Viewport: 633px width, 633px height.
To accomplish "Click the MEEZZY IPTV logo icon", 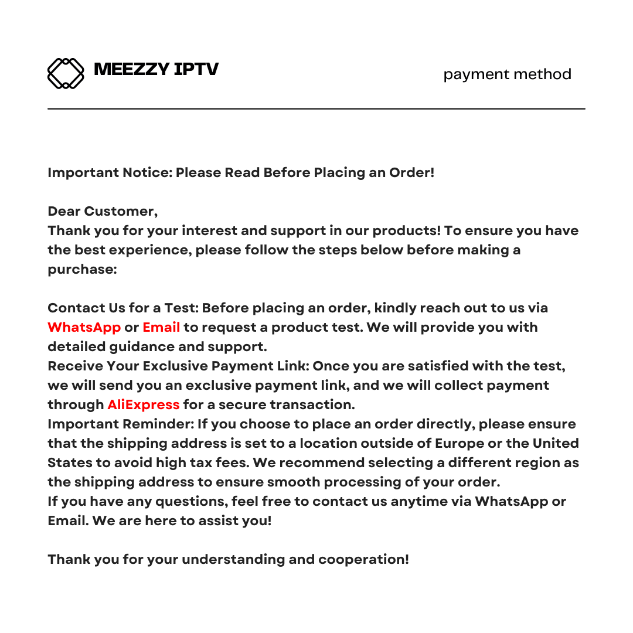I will (x=66, y=73).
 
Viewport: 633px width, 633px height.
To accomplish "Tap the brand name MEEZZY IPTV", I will (x=156, y=70).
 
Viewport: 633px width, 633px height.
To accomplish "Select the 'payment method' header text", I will (x=507, y=74).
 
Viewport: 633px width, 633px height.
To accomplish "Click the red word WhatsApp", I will (x=84, y=327).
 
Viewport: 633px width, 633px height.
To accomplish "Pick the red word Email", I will (x=161, y=327).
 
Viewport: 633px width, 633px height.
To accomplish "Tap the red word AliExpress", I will (x=143, y=404).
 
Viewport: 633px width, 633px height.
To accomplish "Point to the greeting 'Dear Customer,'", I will (x=103, y=211).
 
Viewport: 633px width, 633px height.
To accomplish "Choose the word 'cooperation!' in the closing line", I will (x=363, y=559).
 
